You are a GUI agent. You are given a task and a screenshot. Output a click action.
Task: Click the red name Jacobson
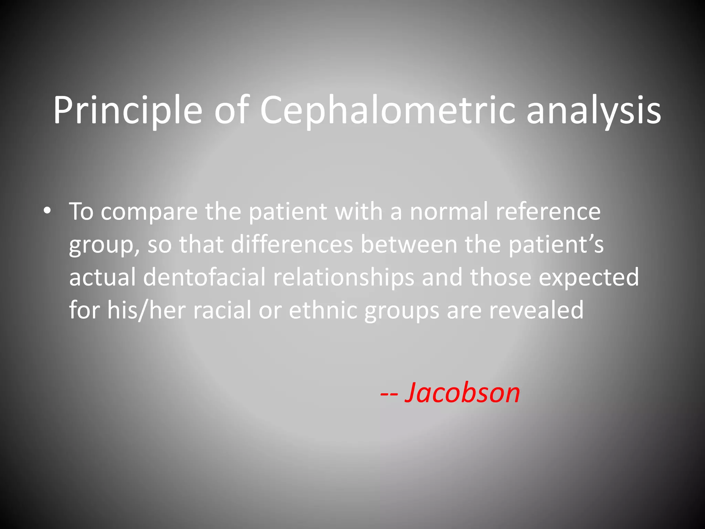pos(462,393)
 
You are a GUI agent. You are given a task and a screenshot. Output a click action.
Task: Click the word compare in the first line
pos(149,212)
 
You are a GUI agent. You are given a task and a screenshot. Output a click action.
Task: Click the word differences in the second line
pos(292,244)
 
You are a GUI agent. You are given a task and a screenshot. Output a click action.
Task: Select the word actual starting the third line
pos(102,277)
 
